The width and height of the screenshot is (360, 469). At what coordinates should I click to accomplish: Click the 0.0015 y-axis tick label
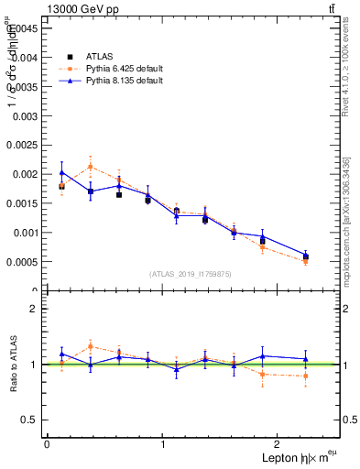click(23, 203)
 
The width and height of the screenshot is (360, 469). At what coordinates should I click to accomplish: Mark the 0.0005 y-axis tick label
click(23, 262)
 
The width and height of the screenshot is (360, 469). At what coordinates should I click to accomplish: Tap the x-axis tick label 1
click(163, 444)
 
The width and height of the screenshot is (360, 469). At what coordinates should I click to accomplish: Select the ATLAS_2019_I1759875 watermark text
click(191, 274)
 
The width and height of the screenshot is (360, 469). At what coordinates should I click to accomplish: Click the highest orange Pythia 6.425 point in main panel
click(90, 166)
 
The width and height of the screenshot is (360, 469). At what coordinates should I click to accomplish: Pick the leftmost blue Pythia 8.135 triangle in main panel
click(61, 172)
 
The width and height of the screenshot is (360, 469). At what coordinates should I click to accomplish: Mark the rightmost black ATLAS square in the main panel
click(305, 256)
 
